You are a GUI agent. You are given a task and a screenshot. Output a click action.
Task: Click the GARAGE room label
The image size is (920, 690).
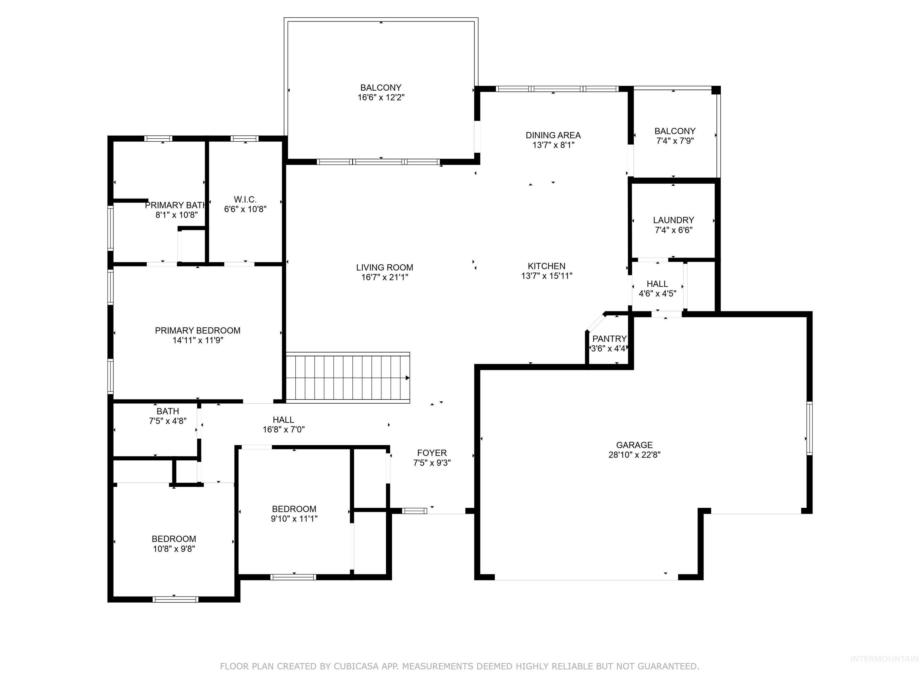(x=634, y=445)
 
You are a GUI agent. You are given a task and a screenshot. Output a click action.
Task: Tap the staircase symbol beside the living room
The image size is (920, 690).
(x=347, y=378)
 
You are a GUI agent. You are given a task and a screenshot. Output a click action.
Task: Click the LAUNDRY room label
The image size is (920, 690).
(x=673, y=220)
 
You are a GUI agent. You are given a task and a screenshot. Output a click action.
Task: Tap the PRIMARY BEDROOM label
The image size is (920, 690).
(x=198, y=331)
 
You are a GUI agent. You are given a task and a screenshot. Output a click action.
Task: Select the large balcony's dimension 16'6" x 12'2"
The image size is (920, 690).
(x=381, y=98)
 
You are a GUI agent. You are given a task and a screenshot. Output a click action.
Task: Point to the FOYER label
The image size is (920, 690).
(x=432, y=453)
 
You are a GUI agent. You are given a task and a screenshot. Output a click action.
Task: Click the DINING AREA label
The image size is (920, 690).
(x=553, y=135)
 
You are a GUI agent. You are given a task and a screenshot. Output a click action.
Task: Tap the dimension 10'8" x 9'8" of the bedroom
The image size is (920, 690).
(x=174, y=549)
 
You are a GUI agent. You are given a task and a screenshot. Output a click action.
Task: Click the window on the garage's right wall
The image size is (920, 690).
(x=809, y=428)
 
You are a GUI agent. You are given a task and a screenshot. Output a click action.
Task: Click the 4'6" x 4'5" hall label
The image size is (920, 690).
(x=657, y=293)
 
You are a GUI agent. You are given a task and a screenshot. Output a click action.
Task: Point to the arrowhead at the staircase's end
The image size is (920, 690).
(x=408, y=378)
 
